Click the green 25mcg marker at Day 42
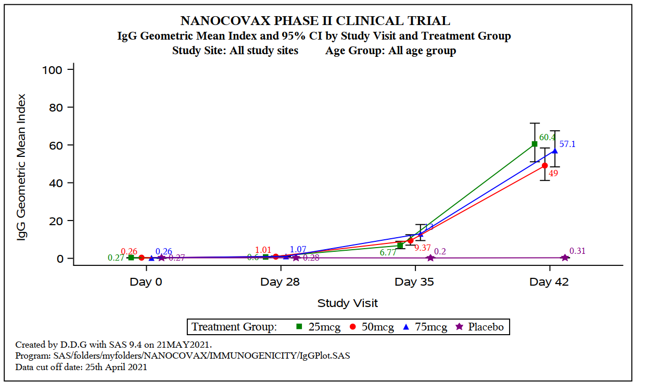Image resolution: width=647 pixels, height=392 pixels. point(535,144)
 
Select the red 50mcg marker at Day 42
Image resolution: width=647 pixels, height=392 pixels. point(545,165)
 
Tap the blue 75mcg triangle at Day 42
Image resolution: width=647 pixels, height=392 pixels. point(555,151)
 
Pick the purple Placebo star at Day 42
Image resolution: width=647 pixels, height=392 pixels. point(565,258)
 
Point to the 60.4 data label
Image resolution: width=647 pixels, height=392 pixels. point(547,138)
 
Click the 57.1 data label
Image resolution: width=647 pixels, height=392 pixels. point(567,144)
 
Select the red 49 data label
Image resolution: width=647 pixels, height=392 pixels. point(553,174)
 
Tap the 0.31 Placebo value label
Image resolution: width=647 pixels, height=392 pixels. point(577,251)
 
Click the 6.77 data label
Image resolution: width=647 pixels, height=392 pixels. point(388,252)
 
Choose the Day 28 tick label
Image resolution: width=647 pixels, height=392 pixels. point(280,283)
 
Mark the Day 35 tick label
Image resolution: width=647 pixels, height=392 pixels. point(414,283)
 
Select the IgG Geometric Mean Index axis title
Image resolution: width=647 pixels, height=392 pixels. point(22,167)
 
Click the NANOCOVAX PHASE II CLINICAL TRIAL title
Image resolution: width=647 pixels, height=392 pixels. point(315,21)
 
